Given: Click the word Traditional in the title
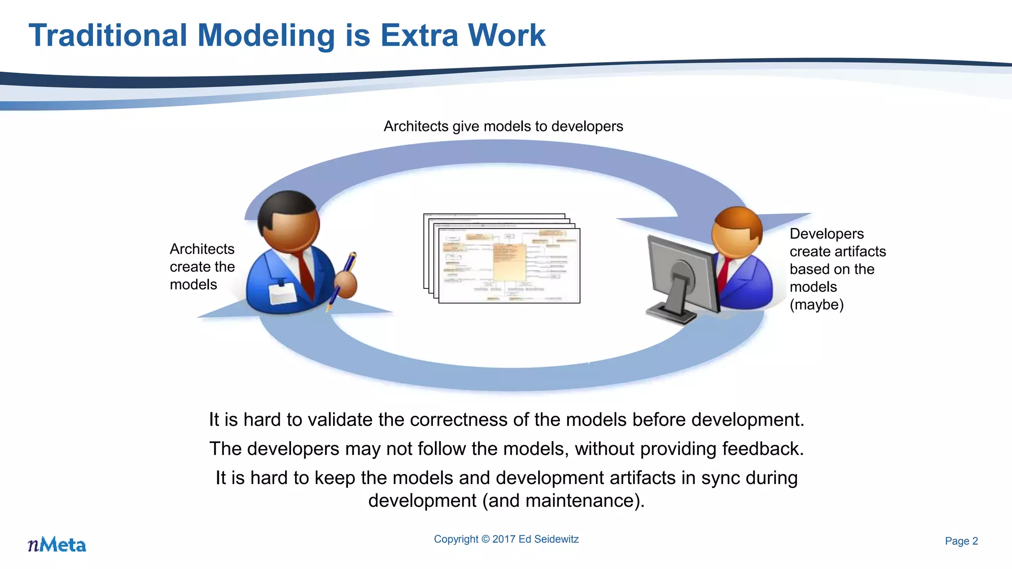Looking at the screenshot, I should click(108, 36).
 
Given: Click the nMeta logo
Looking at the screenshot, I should click(57, 544).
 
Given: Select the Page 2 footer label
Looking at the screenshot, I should click(961, 541).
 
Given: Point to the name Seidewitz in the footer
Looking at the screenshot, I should click(558, 539).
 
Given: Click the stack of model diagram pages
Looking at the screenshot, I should click(502, 259).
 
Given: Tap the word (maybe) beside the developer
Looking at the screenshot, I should click(816, 305).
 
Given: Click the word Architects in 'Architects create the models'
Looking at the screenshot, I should click(202, 249).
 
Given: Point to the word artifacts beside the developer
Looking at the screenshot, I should click(860, 251).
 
